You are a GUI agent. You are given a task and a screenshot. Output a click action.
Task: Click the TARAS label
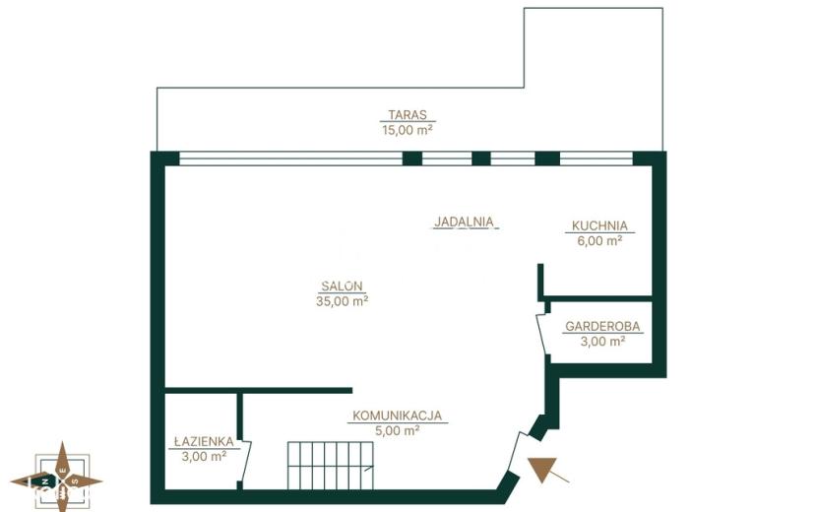(x=408, y=114)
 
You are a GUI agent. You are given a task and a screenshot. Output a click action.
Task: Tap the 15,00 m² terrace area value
(x=408, y=129)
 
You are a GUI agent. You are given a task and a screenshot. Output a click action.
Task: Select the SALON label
(x=342, y=286)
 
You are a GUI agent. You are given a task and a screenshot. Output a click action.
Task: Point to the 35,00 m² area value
(x=343, y=301)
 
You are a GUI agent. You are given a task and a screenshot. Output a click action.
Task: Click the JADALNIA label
(x=465, y=222)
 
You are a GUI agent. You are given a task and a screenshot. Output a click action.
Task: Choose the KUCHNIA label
(x=599, y=225)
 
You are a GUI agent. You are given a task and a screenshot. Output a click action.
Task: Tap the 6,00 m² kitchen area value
(x=599, y=240)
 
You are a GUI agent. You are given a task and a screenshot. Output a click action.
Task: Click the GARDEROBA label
(x=602, y=326)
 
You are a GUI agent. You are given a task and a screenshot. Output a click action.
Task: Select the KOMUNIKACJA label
(x=398, y=416)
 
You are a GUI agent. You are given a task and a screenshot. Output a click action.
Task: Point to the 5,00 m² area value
(x=398, y=430)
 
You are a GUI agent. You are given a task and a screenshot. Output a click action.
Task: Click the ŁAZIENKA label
(x=204, y=441)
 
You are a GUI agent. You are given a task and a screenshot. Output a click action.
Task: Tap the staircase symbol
(x=331, y=466)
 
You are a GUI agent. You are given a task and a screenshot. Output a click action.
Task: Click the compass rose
(x=56, y=478)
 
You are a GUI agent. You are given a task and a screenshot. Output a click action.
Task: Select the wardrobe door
(x=541, y=334)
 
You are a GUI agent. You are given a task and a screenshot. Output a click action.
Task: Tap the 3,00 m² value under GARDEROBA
(x=602, y=341)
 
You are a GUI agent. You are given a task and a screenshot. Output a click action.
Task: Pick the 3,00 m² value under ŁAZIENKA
(x=204, y=456)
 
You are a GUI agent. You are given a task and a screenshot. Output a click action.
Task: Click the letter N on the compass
(x=46, y=481)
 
